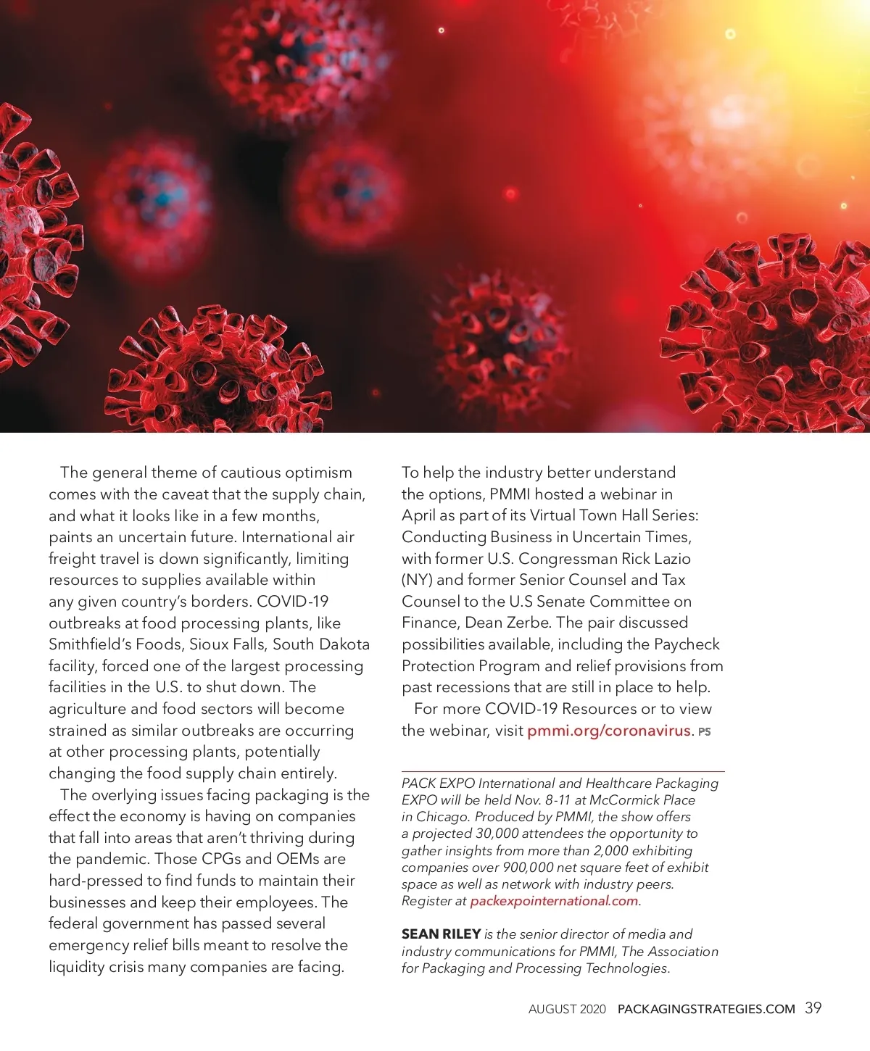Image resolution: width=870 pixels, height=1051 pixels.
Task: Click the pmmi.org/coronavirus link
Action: (608, 731)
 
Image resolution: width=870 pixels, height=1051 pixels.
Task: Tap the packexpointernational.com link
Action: (554, 901)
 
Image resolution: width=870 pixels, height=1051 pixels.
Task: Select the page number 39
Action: (813, 1008)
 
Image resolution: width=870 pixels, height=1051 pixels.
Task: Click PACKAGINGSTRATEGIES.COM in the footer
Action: (706, 1009)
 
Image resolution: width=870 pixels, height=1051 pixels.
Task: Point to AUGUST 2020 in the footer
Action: (567, 1009)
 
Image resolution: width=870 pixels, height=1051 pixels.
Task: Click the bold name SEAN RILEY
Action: (441, 934)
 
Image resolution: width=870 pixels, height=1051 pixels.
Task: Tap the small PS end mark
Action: (704, 732)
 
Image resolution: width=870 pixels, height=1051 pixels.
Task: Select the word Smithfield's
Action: (89, 644)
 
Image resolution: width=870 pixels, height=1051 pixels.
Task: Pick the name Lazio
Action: (671, 559)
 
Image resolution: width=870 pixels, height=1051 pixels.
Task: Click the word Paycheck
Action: (687, 644)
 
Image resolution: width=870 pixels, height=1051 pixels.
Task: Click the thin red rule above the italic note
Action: (563, 771)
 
